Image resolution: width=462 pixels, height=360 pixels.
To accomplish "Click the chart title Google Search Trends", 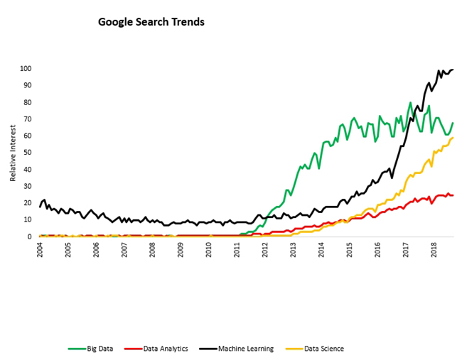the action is [151, 22].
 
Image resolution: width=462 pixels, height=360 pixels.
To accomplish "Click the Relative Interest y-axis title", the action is [13, 153].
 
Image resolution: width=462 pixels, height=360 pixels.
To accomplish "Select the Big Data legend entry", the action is [90, 349].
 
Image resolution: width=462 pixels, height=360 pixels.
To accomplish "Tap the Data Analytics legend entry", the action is [156, 349].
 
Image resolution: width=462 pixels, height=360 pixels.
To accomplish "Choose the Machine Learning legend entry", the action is [236, 349].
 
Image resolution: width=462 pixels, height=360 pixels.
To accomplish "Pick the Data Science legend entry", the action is [315, 349].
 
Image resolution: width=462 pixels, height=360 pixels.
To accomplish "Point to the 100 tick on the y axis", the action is [26, 69].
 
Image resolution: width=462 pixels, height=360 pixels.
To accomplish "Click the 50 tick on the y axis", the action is [28, 153].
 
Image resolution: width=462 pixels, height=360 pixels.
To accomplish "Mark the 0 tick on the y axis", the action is [29, 236].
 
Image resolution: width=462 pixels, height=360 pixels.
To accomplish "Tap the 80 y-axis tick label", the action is [28, 102].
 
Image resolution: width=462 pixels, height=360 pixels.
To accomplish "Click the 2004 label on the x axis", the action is [40, 250].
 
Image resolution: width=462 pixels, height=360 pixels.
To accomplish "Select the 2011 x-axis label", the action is [237, 250].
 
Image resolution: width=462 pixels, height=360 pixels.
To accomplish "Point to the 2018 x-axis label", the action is [434, 250].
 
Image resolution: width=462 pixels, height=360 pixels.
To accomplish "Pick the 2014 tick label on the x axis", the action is [321, 250].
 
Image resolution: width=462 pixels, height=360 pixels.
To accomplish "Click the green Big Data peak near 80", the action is [410, 102].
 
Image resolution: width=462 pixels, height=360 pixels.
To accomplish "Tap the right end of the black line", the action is [453, 70].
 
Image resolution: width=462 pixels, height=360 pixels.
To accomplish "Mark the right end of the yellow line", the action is [453, 138].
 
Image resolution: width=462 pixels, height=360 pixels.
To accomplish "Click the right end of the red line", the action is [453, 195].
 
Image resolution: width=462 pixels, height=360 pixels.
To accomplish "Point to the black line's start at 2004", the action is [40, 207].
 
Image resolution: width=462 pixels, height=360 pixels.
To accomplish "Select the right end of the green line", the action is [453, 123].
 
